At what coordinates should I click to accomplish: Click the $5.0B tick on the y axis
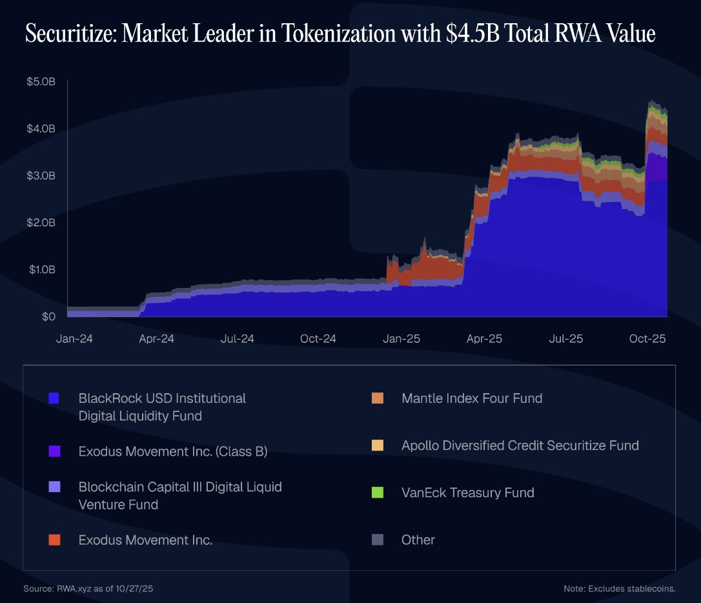click(x=41, y=82)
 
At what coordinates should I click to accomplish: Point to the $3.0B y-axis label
click(x=41, y=176)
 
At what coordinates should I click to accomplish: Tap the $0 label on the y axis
click(x=48, y=316)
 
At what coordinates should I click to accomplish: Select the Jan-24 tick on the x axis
click(x=75, y=338)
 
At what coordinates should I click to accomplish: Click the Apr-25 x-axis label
click(x=484, y=338)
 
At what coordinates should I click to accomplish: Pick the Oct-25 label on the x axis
click(x=648, y=338)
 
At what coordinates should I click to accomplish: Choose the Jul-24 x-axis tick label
click(x=238, y=338)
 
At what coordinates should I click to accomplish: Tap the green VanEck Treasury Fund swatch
click(x=378, y=493)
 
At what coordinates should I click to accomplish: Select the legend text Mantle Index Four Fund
click(x=472, y=398)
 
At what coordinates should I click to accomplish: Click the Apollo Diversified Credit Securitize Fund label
click(x=520, y=445)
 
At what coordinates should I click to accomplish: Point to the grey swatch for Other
click(x=378, y=540)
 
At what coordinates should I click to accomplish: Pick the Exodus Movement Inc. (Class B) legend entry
click(x=173, y=452)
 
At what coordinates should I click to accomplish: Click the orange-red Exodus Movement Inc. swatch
click(x=54, y=540)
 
